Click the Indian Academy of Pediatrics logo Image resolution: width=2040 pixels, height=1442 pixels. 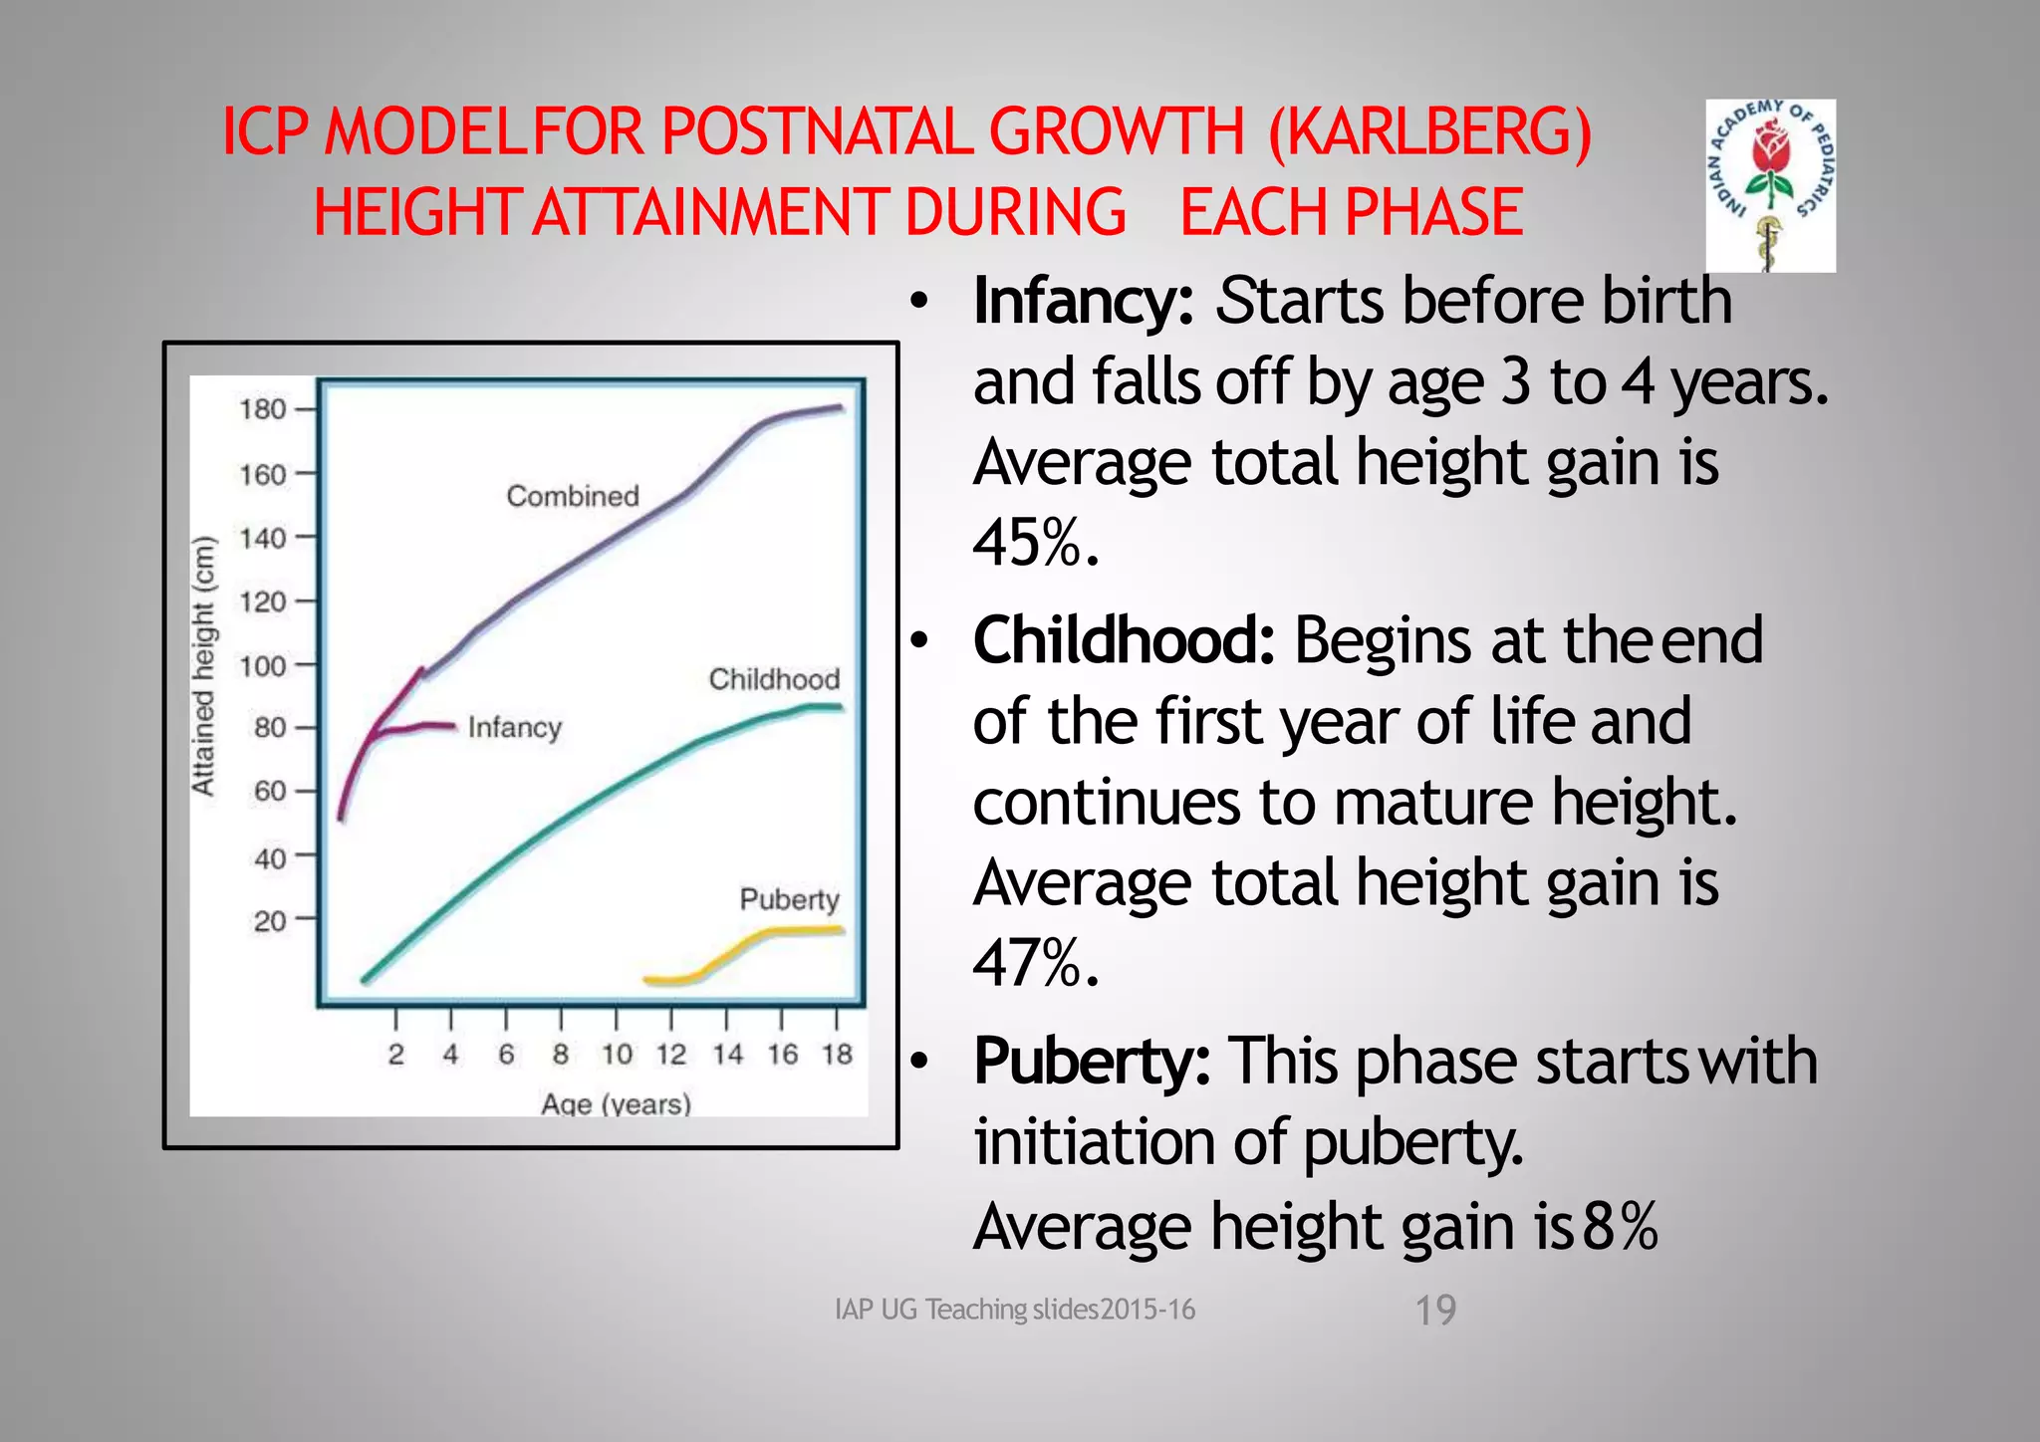[1770, 185]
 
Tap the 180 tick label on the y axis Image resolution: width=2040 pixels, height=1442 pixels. [262, 409]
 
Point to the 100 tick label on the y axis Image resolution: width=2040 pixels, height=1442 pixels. [262, 665]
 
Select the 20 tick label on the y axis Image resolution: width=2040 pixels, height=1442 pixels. [269, 921]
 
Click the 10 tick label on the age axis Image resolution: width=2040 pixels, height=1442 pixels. [617, 1055]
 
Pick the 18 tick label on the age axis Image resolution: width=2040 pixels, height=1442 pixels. [837, 1055]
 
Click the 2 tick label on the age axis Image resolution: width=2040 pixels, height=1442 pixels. [396, 1055]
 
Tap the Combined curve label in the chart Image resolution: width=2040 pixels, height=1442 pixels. [573, 496]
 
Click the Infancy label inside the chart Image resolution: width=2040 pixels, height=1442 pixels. [515, 727]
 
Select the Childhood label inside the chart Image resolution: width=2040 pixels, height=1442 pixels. [774, 679]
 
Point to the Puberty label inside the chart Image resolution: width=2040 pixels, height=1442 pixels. [789, 899]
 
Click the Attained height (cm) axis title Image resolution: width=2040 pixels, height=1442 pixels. [203, 665]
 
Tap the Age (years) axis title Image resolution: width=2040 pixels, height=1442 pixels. [616, 1103]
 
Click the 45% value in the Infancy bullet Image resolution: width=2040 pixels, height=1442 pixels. [1036, 544]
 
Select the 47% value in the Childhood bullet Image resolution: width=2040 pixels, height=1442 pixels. [1036, 964]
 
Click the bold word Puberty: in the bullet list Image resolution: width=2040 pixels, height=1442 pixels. [1092, 1061]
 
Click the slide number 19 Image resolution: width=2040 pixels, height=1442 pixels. [1435, 1310]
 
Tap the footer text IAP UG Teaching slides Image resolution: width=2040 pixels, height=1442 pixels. [1014, 1310]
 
